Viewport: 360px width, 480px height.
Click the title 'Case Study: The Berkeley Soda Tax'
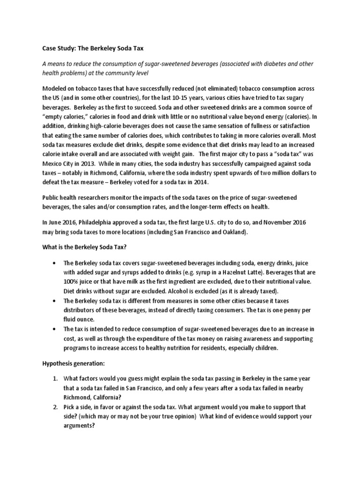(x=96, y=47)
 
